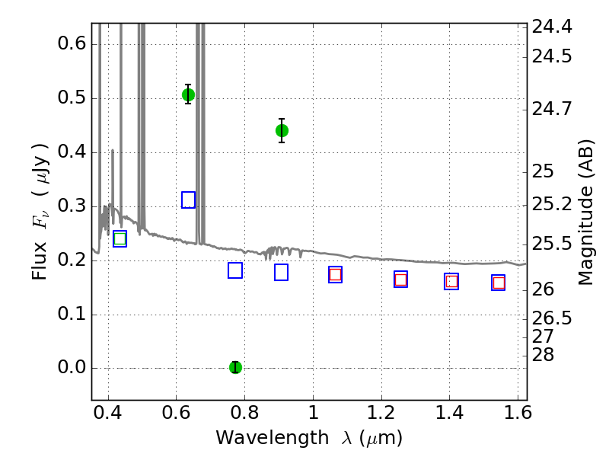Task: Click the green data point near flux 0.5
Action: coord(188,94)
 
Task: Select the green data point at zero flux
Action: coord(235,367)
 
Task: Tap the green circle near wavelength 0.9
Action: coord(282,130)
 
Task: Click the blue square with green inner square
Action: coord(120,238)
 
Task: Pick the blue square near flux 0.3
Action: coord(188,200)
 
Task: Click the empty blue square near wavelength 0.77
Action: coord(235,270)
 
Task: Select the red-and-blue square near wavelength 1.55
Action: coord(499,283)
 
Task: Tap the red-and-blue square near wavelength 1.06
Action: coord(335,275)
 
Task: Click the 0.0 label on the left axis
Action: coord(72,367)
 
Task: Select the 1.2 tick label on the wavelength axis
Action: coord(381,412)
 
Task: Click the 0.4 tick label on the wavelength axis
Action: coord(108,412)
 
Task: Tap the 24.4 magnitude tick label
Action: coord(551,27)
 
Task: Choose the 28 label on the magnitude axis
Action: coord(543,355)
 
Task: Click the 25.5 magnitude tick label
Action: coord(551,244)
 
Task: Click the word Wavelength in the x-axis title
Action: coord(273,438)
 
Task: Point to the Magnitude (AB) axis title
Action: coord(585,213)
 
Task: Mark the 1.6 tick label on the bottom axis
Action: coord(518,412)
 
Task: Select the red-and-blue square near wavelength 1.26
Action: coord(401,280)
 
